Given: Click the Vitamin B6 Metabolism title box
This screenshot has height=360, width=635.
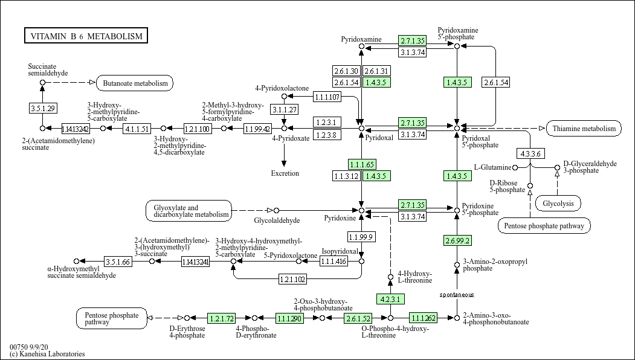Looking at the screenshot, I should pyautogui.click(x=86, y=36).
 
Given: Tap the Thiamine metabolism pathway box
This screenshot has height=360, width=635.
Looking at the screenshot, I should pyautogui.click(x=584, y=128).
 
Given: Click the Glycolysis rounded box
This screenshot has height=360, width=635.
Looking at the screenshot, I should pyautogui.click(x=558, y=204).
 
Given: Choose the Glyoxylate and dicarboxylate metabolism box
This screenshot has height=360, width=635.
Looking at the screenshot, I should pyautogui.click(x=189, y=210).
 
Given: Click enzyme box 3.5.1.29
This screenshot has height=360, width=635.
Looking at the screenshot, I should pyautogui.click(x=42, y=108).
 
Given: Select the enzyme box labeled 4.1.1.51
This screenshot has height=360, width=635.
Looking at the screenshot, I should pyautogui.click(x=137, y=129).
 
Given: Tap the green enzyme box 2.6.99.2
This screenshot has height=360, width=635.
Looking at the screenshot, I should pyautogui.click(x=457, y=240).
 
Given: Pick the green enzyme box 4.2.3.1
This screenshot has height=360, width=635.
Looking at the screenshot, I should pyautogui.click(x=390, y=299).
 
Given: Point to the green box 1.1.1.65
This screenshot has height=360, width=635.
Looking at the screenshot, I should pyautogui.click(x=362, y=164).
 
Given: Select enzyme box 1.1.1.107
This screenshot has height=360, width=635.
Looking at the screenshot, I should pyautogui.click(x=327, y=97).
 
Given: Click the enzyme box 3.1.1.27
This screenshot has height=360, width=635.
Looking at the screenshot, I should pyautogui.click(x=284, y=109).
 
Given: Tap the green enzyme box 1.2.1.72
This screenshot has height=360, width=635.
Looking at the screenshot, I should pyautogui.click(x=221, y=318).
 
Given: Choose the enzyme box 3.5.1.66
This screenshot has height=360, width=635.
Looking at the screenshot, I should pyautogui.click(x=118, y=262).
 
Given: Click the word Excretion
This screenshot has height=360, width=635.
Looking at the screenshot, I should pyautogui.click(x=285, y=173).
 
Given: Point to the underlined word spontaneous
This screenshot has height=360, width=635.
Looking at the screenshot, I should pyautogui.click(x=457, y=294).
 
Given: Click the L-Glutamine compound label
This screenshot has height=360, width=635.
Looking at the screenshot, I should pyautogui.click(x=492, y=167).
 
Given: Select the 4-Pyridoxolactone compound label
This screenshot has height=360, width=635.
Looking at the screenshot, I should pyautogui.click(x=282, y=88).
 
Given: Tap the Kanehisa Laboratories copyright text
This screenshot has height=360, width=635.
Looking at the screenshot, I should pyautogui.click(x=47, y=354).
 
